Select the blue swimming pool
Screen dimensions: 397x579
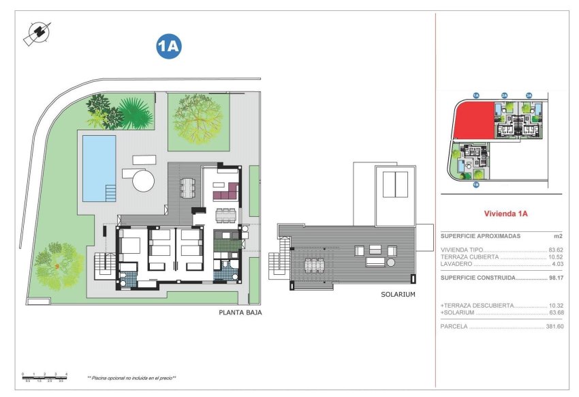pos(99,167)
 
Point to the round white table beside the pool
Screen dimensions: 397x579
pos(144,180)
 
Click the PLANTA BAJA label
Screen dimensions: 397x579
pos(240,312)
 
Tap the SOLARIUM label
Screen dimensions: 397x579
pos(398,295)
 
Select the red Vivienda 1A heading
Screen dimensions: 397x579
pos(505,214)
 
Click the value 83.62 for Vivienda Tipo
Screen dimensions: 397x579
pos(557,250)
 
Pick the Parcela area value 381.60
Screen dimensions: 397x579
pos(555,327)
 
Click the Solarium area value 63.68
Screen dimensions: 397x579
pos(557,312)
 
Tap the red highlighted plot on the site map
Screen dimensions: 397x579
pos(472,121)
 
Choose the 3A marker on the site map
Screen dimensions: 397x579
pos(528,95)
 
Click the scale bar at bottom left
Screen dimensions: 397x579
pos(45,376)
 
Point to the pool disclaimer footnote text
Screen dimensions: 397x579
pos(131,377)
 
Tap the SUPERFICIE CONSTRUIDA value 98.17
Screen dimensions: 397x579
pos(557,278)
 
